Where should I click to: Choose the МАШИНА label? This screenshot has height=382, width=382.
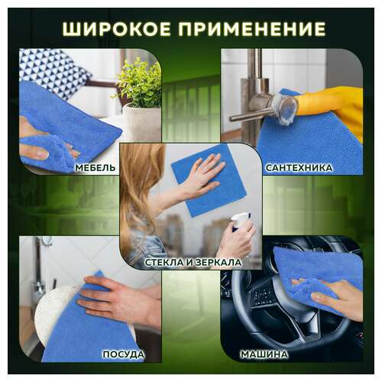tap(264, 354)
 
